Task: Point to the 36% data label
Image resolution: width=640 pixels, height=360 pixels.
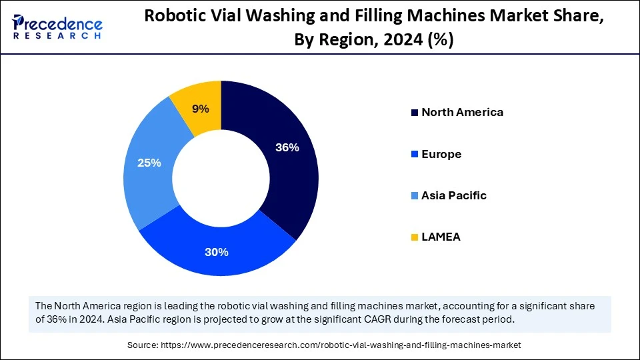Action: [x=287, y=148]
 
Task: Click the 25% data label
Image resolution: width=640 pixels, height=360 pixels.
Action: [x=149, y=162]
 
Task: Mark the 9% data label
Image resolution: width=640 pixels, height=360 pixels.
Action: [x=201, y=109]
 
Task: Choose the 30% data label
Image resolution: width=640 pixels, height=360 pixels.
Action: [x=217, y=252]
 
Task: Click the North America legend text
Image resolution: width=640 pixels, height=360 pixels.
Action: [x=462, y=112]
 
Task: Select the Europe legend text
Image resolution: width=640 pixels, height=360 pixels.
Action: [x=441, y=154]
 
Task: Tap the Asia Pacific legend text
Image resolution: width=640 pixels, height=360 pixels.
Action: [x=454, y=195]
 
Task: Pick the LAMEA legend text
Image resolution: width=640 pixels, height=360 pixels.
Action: [x=441, y=237]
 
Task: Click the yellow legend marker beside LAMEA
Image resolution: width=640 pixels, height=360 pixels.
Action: [x=415, y=237]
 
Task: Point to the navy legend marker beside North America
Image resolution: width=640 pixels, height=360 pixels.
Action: [x=415, y=113]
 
